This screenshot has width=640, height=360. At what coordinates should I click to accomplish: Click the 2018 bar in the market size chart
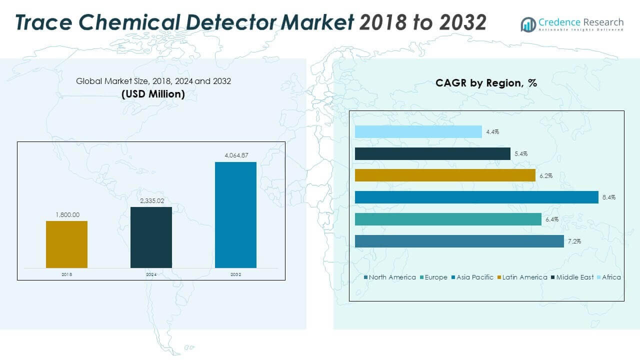point(66,244)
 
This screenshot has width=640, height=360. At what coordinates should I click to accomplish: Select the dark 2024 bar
point(151,237)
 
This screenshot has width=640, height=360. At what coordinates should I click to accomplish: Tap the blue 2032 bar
point(235,214)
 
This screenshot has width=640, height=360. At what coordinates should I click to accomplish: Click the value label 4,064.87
point(235,155)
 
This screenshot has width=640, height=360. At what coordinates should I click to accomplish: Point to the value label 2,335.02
point(151,200)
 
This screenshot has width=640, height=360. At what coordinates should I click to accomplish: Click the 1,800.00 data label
point(66,214)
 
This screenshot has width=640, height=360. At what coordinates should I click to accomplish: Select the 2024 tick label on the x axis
point(151,274)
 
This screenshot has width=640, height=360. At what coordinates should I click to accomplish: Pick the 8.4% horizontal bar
point(476,197)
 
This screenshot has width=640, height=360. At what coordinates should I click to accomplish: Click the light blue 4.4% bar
point(418,131)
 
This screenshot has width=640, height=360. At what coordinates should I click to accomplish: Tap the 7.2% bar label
point(574,241)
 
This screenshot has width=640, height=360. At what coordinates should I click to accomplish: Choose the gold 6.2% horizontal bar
point(445,175)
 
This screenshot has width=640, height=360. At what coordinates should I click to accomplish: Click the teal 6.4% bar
point(448,219)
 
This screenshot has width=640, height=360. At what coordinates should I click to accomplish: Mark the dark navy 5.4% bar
point(432,153)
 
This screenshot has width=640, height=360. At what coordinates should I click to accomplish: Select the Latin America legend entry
point(524,277)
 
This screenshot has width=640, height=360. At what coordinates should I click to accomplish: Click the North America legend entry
point(391,277)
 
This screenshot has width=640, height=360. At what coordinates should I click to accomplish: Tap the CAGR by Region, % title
point(486,83)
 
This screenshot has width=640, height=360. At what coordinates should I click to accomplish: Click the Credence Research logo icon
point(528,24)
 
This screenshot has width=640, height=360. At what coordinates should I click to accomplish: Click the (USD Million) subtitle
point(153,94)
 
